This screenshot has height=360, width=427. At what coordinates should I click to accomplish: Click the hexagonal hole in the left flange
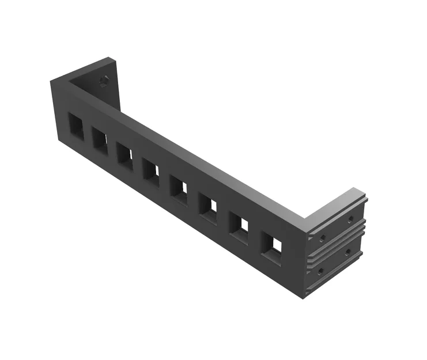tap(104, 81)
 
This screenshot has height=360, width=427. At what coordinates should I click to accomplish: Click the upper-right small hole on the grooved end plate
tap(349, 219)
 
